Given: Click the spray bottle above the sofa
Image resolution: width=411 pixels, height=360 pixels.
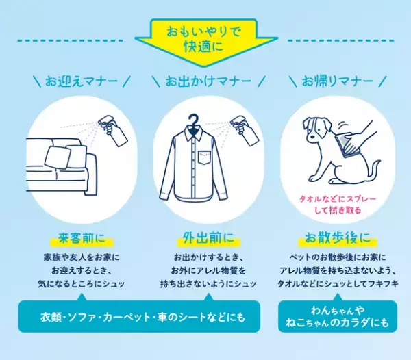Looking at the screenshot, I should click(114, 129).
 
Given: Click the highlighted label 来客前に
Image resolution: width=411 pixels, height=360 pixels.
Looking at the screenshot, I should click(81, 240).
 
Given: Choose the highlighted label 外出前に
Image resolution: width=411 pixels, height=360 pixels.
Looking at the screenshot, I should click(206, 240).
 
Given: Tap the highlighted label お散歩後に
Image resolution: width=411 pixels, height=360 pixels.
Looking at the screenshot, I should click(332, 240).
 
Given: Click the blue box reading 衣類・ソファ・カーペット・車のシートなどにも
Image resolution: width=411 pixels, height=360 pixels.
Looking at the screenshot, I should click(140, 318).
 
